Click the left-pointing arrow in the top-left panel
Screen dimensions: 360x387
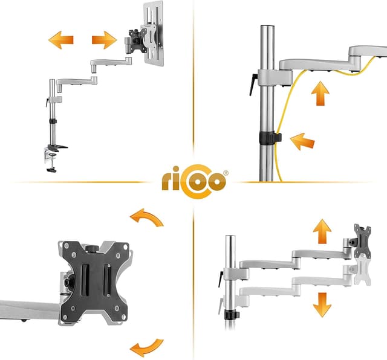click(60, 40)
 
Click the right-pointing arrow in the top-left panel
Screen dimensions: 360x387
click(104, 40)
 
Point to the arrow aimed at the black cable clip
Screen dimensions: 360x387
click(302, 143)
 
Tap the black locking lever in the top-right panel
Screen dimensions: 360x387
click(253, 84)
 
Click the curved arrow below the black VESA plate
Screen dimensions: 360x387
click(146, 347)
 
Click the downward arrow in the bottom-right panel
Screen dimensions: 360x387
click(322, 304)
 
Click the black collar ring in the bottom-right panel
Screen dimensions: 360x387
click(230, 315)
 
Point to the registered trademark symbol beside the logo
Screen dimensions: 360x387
click(226, 173)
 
